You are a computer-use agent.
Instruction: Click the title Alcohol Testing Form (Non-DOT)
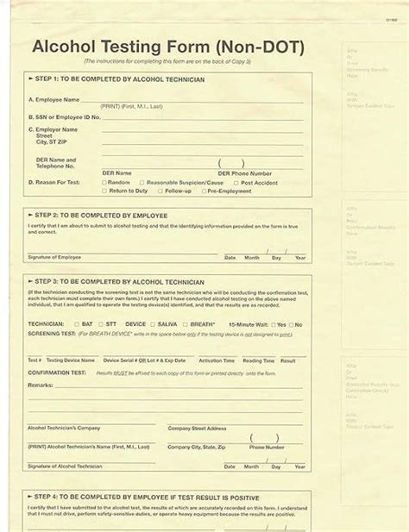(173, 47)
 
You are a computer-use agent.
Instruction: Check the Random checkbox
(104, 182)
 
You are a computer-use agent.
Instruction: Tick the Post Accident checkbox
(236, 182)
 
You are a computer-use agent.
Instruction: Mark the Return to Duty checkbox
(104, 191)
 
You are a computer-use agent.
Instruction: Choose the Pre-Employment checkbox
(203, 191)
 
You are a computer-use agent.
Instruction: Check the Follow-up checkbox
(160, 191)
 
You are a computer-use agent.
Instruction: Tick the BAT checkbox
(78, 324)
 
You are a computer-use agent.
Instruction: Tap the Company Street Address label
(197, 428)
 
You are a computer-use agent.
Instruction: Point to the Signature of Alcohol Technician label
(64, 465)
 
